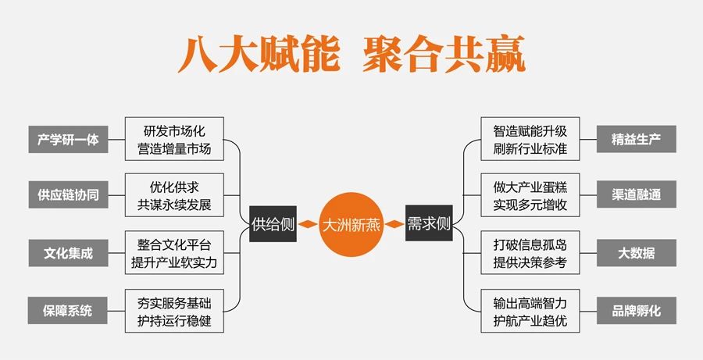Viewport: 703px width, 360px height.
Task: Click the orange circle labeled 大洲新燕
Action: click(x=351, y=224)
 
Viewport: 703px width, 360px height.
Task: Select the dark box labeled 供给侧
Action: click(x=273, y=223)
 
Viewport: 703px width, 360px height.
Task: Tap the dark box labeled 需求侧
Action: click(x=429, y=223)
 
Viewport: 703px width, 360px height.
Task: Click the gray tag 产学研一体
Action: click(x=68, y=140)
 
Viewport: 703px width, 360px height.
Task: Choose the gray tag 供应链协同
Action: click(x=68, y=194)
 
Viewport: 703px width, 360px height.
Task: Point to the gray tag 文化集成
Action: click(x=68, y=253)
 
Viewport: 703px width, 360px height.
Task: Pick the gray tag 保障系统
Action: click(x=68, y=310)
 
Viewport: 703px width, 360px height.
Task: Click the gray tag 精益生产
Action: click(x=636, y=139)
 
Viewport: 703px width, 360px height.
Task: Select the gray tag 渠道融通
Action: click(x=636, y=194)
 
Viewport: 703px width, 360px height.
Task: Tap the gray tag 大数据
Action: click(x=636, y=253)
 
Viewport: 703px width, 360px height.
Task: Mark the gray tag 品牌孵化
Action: click(x=636, y=310)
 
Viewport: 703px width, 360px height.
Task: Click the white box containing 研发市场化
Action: click(x=174, y=139)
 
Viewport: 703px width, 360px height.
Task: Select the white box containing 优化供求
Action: click(x=174, y=195)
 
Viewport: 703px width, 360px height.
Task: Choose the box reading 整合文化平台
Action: click(x=174, y=253)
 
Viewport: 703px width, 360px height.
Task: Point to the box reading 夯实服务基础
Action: click(x=174, y=311)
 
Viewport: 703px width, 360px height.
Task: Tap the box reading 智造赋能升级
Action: click(x=530, y=139)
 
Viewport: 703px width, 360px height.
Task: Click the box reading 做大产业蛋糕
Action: click(x=530, y=195)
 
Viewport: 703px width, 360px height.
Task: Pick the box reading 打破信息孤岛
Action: click(x=530, y=253)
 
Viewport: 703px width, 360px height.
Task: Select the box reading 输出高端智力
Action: click(x=530, y=311)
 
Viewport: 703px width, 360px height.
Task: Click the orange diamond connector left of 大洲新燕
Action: click(x=308, y=223)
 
